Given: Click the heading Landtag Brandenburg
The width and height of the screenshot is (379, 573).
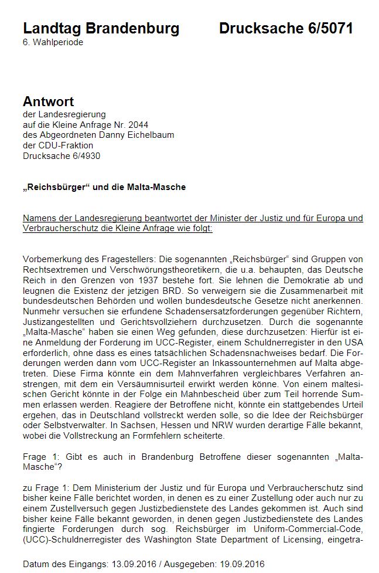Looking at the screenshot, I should pos(101,28).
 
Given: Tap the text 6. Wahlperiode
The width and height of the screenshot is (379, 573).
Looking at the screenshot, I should pos(53,43).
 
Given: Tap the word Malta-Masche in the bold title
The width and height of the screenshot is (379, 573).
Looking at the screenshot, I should pos(159,187).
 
